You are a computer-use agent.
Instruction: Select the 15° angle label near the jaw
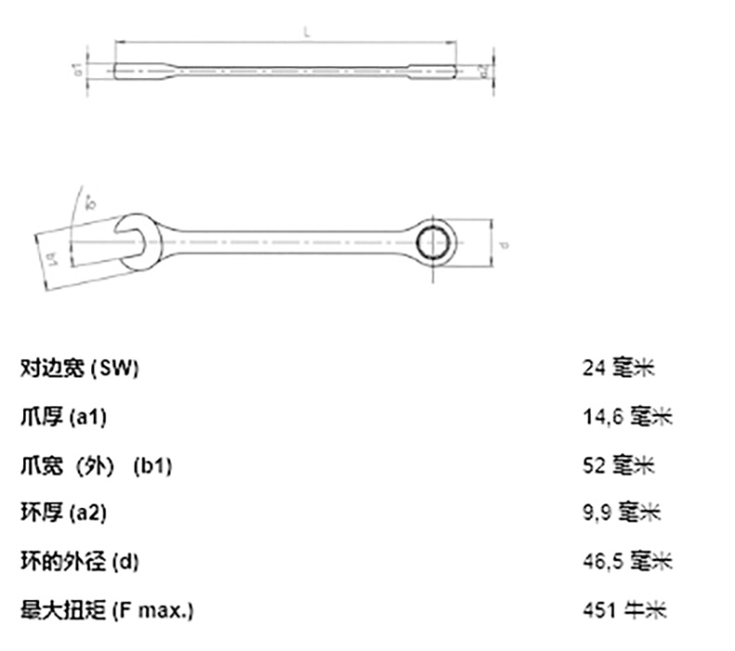coord(91,201)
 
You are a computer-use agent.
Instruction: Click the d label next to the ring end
coord(501,246)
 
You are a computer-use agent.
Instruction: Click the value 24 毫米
coord(619,368)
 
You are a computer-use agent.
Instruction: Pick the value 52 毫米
coord(619,465)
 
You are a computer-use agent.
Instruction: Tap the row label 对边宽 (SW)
coord(79,368)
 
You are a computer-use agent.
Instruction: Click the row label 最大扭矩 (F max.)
coord(107,609)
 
